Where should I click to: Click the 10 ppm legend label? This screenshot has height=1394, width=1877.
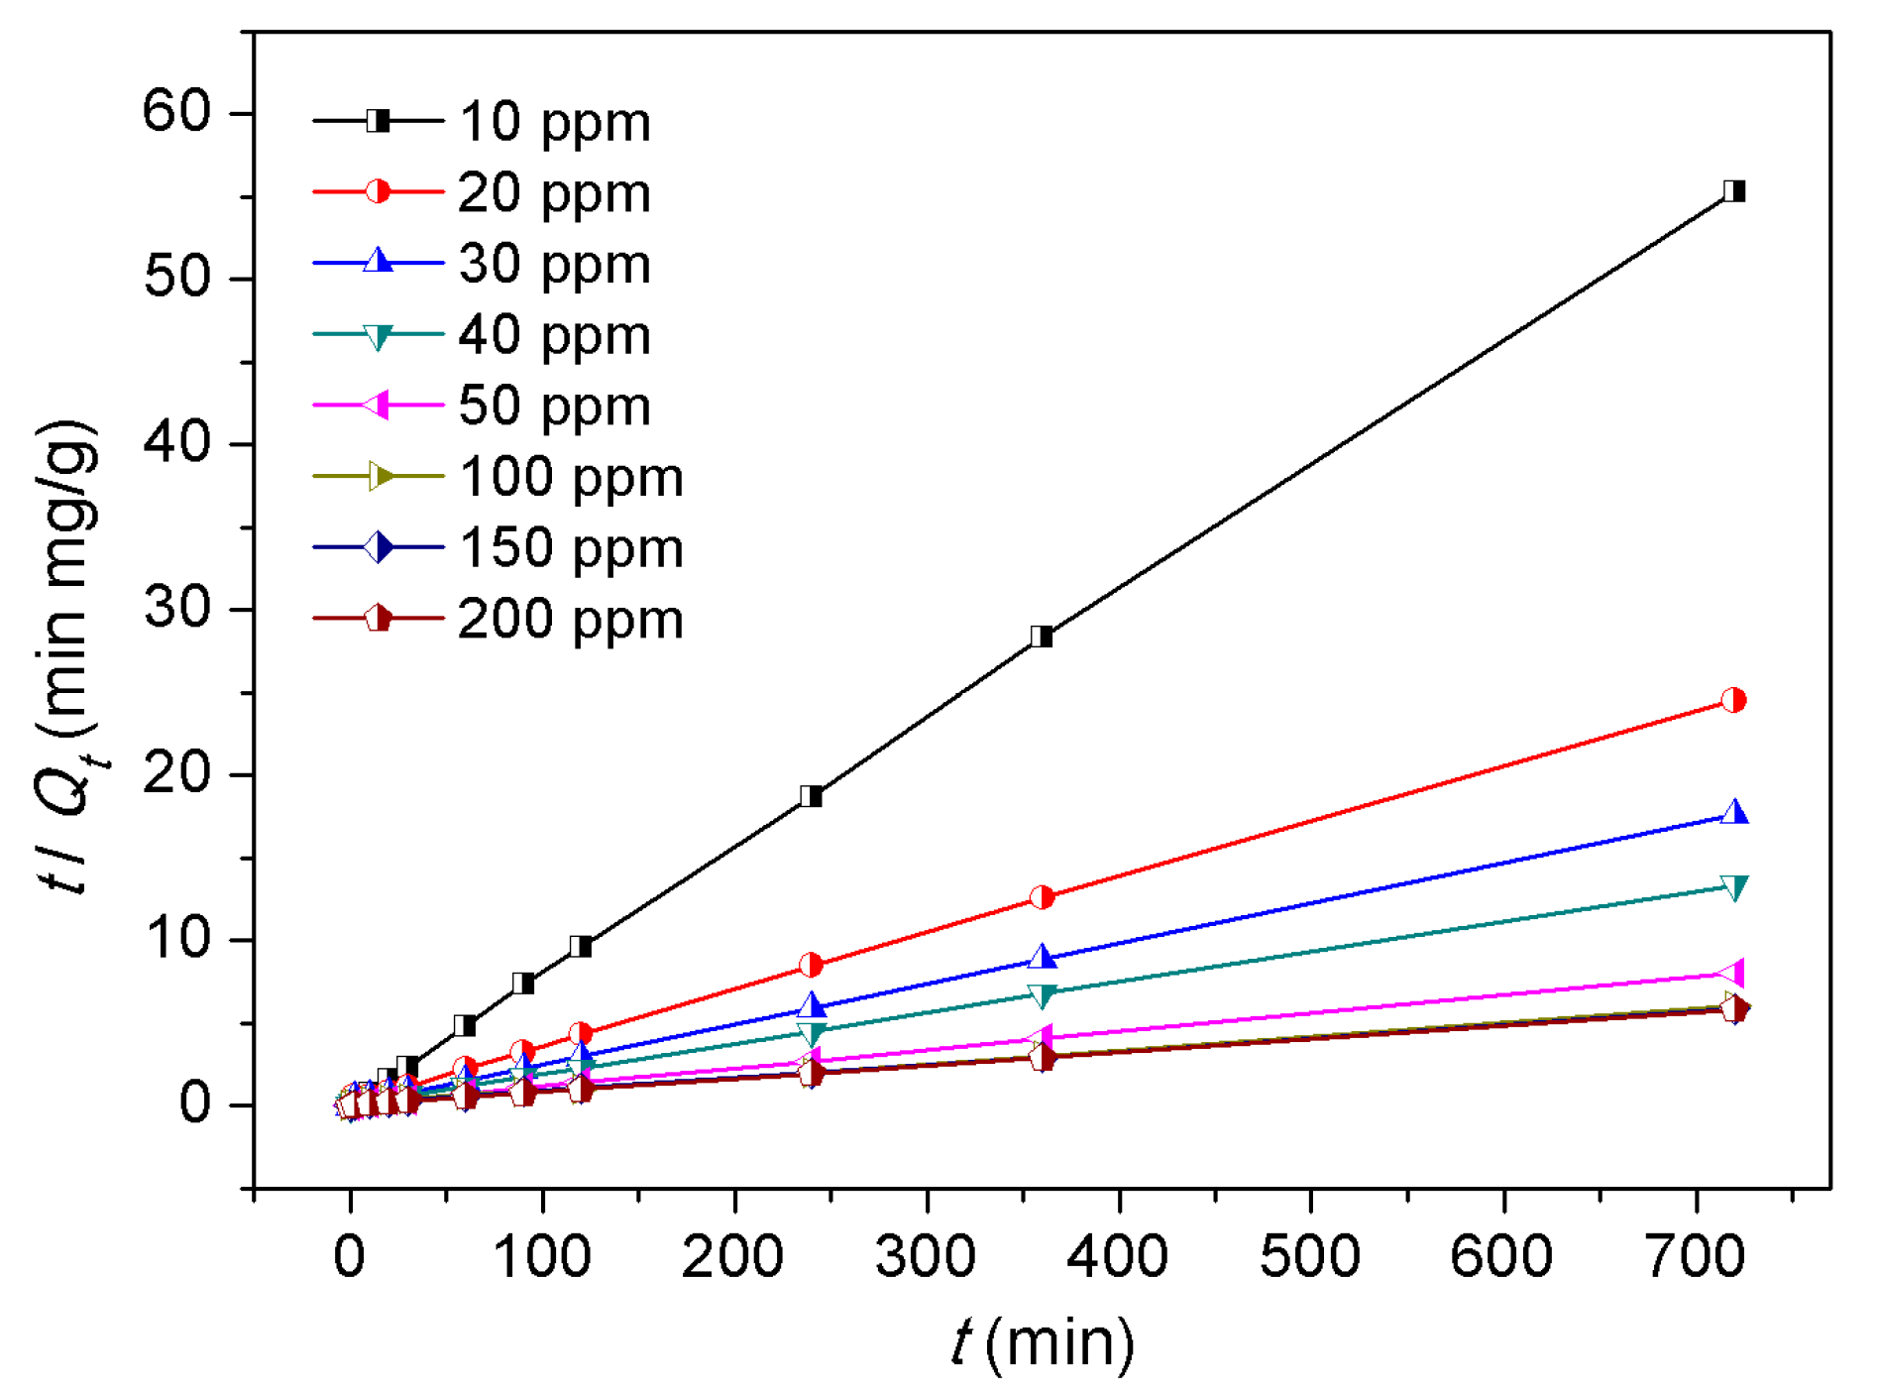tap(554, 123)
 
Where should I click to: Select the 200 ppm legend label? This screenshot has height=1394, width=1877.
tap(571, 621)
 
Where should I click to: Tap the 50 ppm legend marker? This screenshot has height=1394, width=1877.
tap(378, 405)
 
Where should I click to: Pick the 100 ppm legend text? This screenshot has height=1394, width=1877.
tap(571, 478)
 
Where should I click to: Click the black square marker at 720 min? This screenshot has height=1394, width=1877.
tap(1733, 191)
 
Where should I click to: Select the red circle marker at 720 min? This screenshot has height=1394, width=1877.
tap(1733, 700)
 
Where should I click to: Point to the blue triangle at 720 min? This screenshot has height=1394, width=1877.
tap(1734, 813)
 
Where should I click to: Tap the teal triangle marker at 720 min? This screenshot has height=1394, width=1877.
tap(1734, 887)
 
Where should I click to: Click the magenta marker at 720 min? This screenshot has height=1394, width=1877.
tap(1733, 973)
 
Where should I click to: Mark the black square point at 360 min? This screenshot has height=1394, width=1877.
tap(1041, 637)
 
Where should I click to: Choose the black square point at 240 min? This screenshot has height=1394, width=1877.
tap(811, 796)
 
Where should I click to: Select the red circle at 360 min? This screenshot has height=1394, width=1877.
tap(1042, 897)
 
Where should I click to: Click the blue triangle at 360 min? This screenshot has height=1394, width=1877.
tap(1042, 958)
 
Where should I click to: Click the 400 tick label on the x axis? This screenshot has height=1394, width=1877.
tap(1117, 1257)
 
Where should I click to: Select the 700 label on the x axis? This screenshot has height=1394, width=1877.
tap(1694, 1257)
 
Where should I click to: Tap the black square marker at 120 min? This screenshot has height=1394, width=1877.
tap(581, 946)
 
